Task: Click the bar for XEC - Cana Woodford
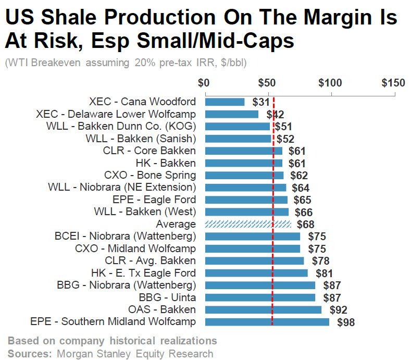[x=225, y=102]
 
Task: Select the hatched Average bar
[x=248, y=224]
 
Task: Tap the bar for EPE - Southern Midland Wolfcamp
[x=267, y=322]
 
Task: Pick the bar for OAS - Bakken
[x=263, y=310]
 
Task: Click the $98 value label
[x=346, y=322]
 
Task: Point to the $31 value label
[x=260, y=102]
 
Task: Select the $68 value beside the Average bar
[x=305, y=225]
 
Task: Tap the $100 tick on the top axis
[x=330, y=83]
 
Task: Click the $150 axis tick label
[x=393, y=83]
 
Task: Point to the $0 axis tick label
[x=204, y=83]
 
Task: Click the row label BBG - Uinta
[x=170, y=297]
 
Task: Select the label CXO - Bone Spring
[x=150, y=175]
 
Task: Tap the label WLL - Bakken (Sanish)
[x=141, y=139]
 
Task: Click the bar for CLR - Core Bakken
[x=244, y=151]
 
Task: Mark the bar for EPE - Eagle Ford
[x=246, y=200]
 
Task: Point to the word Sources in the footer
[x=29, y=354]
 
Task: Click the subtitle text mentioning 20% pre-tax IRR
[x=125, y=63]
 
